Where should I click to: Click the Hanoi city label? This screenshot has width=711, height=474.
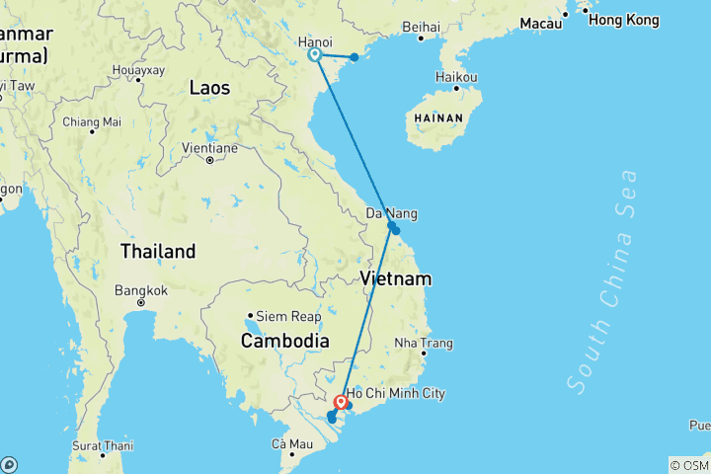pos(315,41)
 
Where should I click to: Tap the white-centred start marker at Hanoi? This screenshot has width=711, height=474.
pos(315,55)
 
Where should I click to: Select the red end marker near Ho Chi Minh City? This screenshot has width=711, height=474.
pos(341,402)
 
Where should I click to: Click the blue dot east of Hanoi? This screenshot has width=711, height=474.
pos(355,57)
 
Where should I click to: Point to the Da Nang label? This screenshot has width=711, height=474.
pos(391,213)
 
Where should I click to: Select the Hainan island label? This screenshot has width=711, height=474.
pos(437,117)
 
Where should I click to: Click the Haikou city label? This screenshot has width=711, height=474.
pos(458,77)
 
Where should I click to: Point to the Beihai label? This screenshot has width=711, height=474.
pos(422,28)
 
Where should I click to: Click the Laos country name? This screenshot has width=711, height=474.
pos(209,89)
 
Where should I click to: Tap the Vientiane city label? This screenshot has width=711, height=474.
pos(209,148)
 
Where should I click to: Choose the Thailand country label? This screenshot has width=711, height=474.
pos(158,252)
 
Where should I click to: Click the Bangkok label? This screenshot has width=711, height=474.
pos(141,291)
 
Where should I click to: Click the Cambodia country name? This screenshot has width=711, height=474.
pos(285,341)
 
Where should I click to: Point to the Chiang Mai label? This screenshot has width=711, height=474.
pos(91,121)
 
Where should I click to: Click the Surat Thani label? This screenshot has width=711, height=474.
pos(102,445)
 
